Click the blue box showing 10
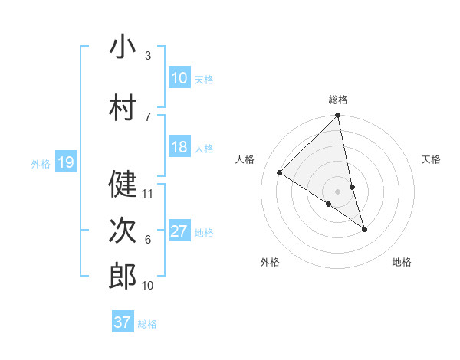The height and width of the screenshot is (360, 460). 179,78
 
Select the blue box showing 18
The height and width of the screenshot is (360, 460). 179,148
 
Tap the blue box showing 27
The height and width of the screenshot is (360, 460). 179,232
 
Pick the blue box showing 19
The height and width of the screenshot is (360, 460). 65,162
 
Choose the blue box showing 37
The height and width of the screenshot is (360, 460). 123,322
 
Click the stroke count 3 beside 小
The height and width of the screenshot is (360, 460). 147,56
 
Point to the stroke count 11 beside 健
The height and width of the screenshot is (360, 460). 148,194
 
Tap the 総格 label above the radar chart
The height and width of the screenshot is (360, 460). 337,100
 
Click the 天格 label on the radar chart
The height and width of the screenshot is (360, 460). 431,159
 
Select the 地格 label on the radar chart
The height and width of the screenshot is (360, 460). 402,262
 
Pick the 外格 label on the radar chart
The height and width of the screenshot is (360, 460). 270,262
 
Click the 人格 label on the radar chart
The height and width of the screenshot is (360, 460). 245,159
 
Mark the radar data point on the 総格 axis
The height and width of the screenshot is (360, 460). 337,116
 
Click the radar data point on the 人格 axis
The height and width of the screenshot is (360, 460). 280,173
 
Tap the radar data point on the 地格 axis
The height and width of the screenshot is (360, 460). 364,229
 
